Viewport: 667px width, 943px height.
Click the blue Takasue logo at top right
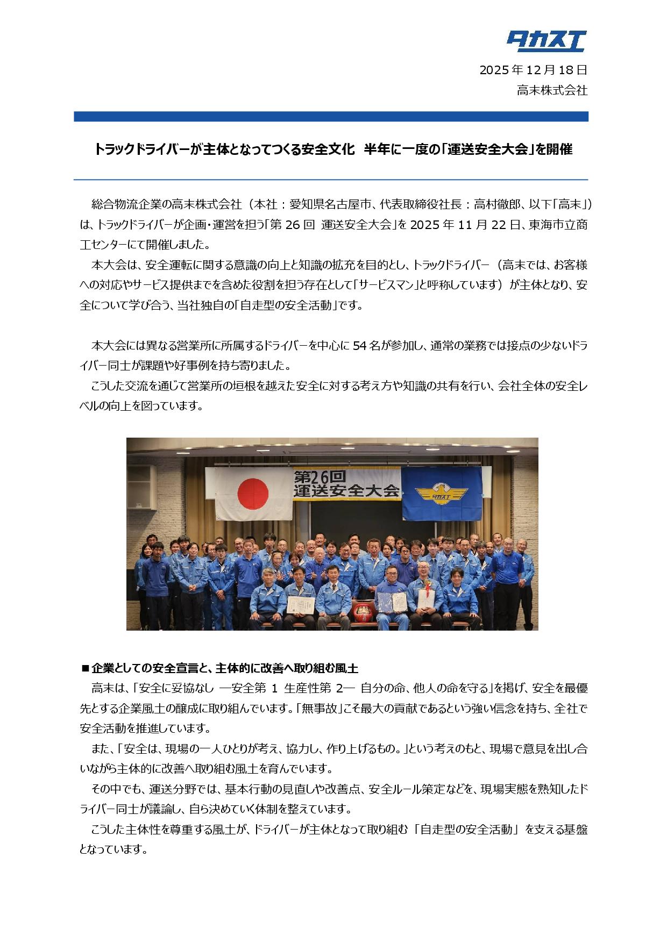point(546,41)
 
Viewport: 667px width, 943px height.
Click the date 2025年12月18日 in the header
point(533,70)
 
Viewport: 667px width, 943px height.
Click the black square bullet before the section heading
point(84,669)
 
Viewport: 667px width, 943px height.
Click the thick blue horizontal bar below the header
point(331,117)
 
